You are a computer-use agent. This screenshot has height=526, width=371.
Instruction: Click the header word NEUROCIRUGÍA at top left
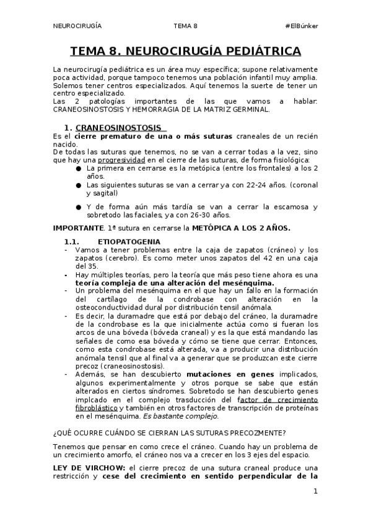point(77,26)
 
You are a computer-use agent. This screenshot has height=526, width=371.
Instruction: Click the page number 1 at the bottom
point(315,491)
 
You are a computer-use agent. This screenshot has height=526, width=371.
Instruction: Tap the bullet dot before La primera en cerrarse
point(79,168)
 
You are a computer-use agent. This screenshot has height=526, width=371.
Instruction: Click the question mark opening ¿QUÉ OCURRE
point(55,432)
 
